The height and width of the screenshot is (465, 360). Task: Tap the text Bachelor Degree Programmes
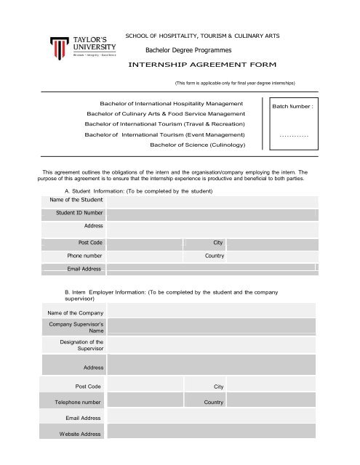[188, 49]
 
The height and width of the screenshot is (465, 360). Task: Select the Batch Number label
[292, 107]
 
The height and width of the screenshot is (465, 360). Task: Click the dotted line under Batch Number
[294, 136]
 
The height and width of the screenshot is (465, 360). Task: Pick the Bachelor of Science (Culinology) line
[197, 145]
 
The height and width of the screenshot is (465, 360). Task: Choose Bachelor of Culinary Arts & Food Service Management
[166, 114]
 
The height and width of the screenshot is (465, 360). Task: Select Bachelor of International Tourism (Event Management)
[165, 135]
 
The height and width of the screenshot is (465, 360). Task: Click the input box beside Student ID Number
[211, 213]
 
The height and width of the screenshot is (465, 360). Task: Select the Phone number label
[84, 256]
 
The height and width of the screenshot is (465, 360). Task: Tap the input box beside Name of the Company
[211, 313]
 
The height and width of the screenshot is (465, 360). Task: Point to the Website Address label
[80, 434]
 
